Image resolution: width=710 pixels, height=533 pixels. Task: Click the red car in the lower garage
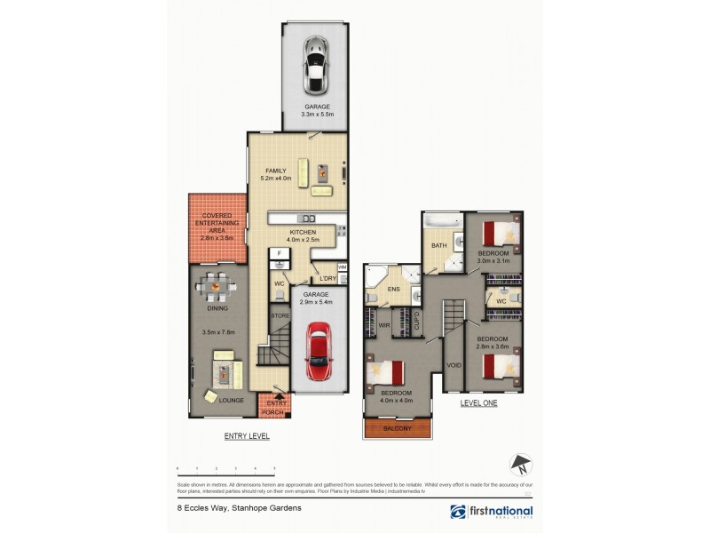point(318,352)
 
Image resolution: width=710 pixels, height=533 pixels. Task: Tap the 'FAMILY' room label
point(276,171)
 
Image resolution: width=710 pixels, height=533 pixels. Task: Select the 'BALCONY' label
point(397,429)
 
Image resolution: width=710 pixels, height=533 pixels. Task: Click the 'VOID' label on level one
point(454,365)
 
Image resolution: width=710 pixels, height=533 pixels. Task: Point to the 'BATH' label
point(438,246)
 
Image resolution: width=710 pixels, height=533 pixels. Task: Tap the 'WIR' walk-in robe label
point(384,325)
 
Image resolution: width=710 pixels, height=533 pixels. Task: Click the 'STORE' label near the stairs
point(279,314)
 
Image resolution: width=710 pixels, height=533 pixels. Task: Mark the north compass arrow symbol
point(521,465)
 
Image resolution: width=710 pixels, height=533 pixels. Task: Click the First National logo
point(492,511)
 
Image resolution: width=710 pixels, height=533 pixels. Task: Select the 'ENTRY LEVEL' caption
point(247,437)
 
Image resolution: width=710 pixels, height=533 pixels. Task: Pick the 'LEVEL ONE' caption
point(478,402)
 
